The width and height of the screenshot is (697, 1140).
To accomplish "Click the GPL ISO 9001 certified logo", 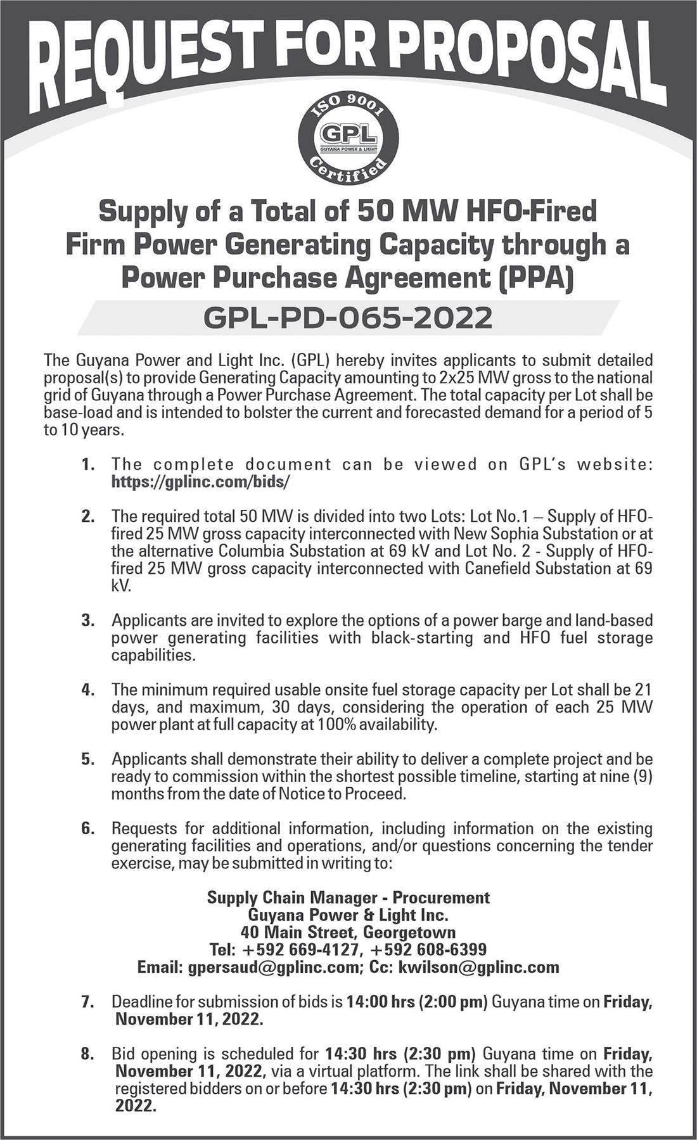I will (x=348, y=137).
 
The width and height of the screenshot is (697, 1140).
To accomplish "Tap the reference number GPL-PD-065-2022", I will (x=347, y=317).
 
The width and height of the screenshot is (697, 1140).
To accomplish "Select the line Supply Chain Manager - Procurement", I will (x=348, y=897).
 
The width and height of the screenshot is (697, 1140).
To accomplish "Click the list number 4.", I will (x=87, y=690).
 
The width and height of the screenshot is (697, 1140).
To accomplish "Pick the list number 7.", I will (x=87, y=1003).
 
